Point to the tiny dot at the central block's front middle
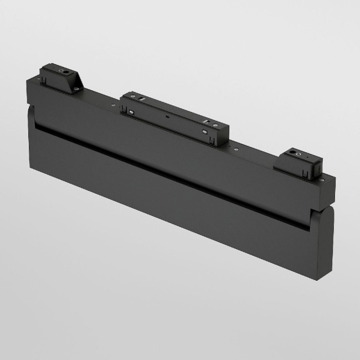point(167,119)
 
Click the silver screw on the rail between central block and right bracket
point(237,148)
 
